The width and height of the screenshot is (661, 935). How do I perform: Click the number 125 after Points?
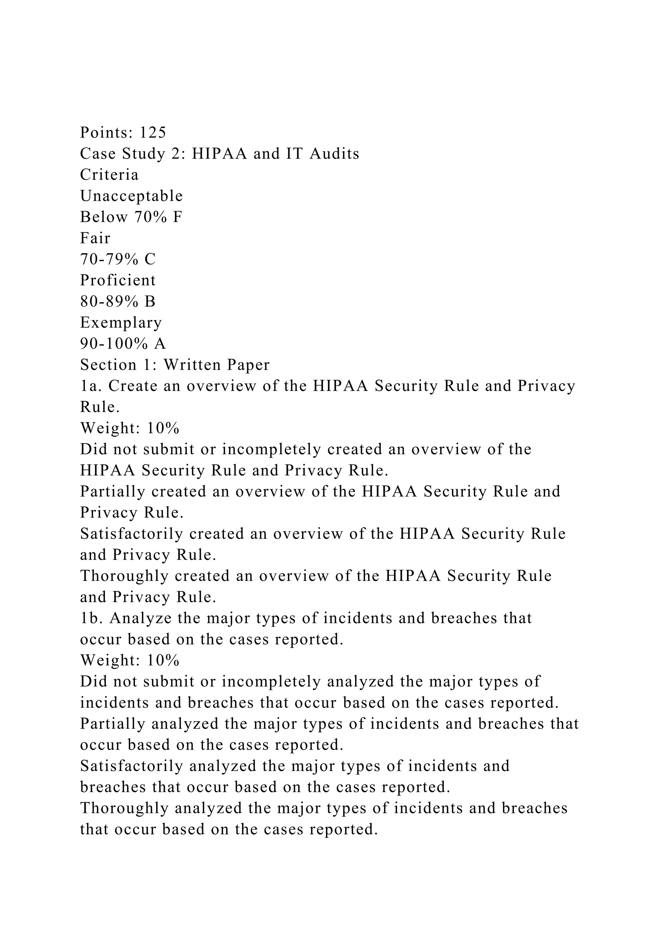point(153,132)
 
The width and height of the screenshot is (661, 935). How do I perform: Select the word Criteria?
point(109,175)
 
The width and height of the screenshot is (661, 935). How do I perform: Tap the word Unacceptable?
point(131,196)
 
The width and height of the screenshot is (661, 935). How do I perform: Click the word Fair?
point(95,238)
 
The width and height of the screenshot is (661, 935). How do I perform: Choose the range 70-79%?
point(110,259)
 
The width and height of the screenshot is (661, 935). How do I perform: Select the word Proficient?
point(117,280)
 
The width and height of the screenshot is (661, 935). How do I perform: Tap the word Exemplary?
point(121,323)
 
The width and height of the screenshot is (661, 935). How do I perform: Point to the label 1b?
point(91,618)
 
